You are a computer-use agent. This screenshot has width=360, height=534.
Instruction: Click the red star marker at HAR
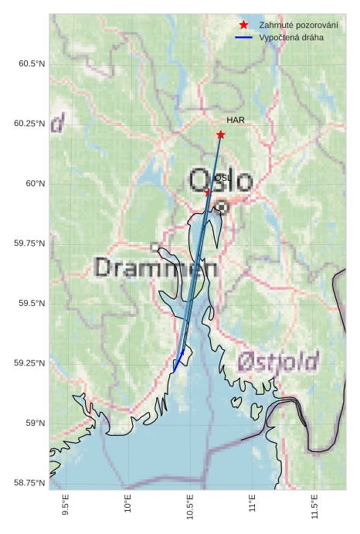(x=221, y=134)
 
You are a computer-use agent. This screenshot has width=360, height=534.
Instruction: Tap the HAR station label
(x=236, y=120)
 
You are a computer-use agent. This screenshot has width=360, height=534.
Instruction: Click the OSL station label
(x=222, y=177)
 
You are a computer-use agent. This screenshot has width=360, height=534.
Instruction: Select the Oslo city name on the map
(x=221, y=182)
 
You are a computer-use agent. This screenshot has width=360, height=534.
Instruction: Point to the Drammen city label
(x=156, y=268)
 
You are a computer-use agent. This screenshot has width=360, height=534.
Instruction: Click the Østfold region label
(x=278, y=360)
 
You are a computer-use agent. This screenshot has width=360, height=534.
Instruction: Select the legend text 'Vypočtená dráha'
(x=291, y=37)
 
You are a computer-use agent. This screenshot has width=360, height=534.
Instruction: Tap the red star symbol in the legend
(x=243, y=25)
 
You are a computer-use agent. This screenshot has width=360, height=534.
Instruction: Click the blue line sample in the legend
(x=244, y=37)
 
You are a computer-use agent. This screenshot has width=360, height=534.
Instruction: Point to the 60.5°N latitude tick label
(x=32, y=63)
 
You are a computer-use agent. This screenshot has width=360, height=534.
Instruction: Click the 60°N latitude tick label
(x=36, y=183)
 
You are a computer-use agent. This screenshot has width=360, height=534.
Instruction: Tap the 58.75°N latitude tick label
(x=30, y=483)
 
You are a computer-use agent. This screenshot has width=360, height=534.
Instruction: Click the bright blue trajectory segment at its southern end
(x=175, y=369)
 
